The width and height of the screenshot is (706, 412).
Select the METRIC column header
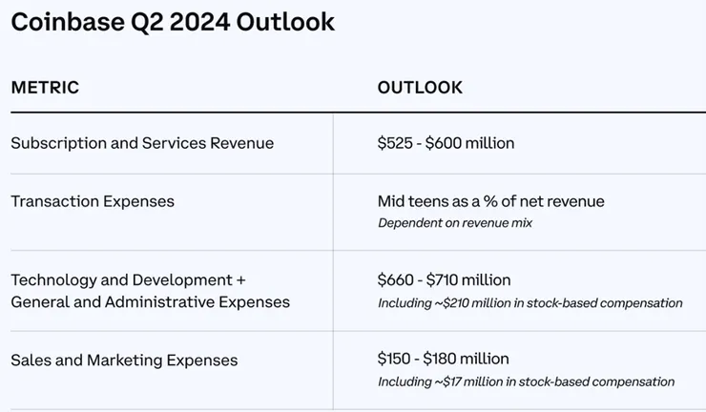(x=45, y=88)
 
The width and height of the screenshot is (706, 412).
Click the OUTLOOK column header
(x=420, y=88)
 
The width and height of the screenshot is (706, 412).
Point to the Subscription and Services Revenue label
(x=142, y=143)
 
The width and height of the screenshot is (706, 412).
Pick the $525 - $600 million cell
(x=446, y=143)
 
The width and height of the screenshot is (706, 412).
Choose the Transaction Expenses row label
(x=93, y=201)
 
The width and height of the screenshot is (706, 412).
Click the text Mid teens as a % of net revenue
(x=490, y=201)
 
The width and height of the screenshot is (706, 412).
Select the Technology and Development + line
(x=128, y=280)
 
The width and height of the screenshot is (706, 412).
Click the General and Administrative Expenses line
(x=150, y=302)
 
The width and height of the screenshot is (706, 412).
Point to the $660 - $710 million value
(x=444, y=280)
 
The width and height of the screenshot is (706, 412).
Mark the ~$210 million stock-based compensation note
(x=529, y=303)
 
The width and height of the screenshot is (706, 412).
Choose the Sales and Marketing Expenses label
(x=124, y=360)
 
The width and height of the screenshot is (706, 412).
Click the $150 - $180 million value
(x=443, y=359)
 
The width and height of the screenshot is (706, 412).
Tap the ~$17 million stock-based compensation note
(x=526, y=381)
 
